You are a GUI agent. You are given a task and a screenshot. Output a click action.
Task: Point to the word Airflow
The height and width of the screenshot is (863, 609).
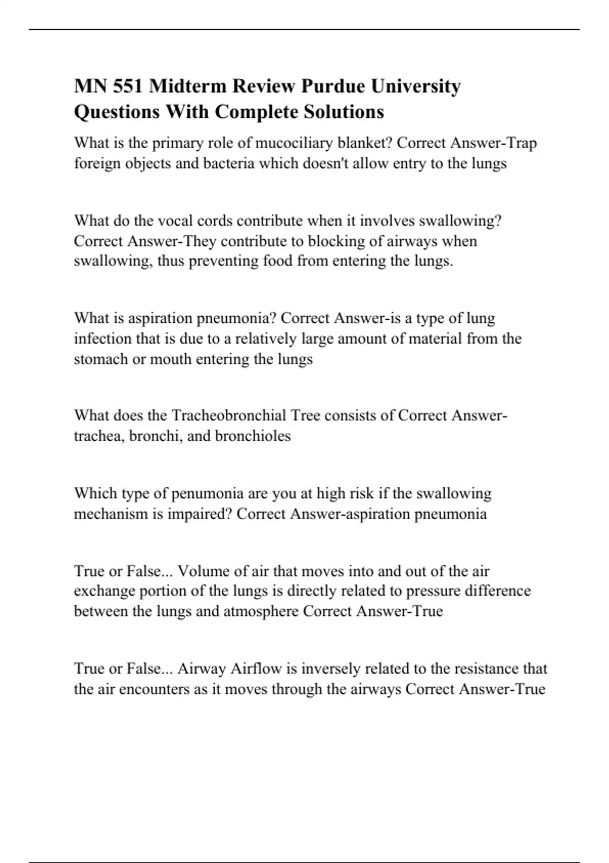click(256, 669)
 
